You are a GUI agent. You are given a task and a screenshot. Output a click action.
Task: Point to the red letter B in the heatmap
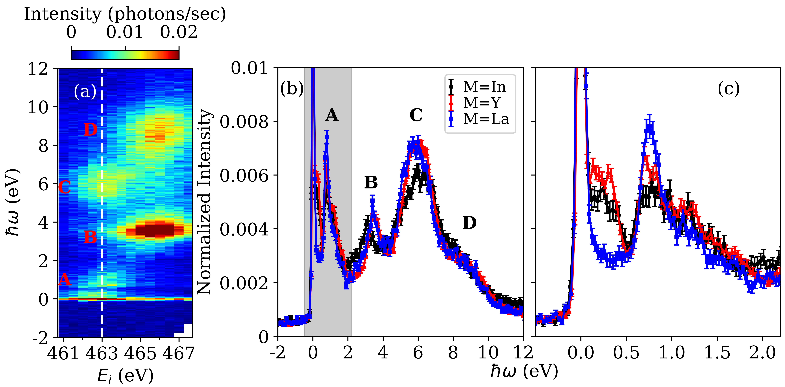[91, 237]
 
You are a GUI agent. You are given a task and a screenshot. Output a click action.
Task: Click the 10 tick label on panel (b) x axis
[488, 353]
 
